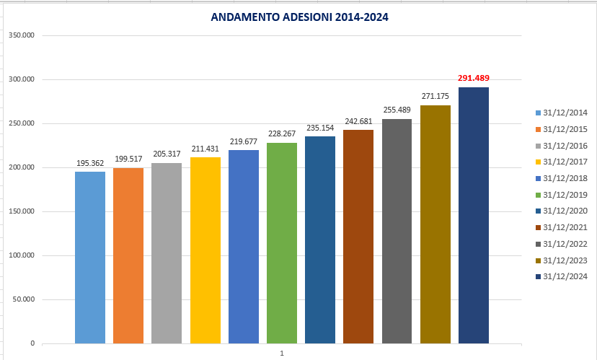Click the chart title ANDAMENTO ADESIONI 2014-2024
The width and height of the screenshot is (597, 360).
299,17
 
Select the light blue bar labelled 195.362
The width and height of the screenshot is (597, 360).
89,257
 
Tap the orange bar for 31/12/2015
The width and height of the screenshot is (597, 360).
128,255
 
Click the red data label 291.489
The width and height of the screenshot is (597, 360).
473,78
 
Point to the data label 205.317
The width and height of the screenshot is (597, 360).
167,154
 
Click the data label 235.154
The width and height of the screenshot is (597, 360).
320,128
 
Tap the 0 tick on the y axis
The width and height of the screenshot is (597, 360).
32,343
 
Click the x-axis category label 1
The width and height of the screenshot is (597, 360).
282,354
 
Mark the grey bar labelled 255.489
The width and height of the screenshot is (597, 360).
397,231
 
